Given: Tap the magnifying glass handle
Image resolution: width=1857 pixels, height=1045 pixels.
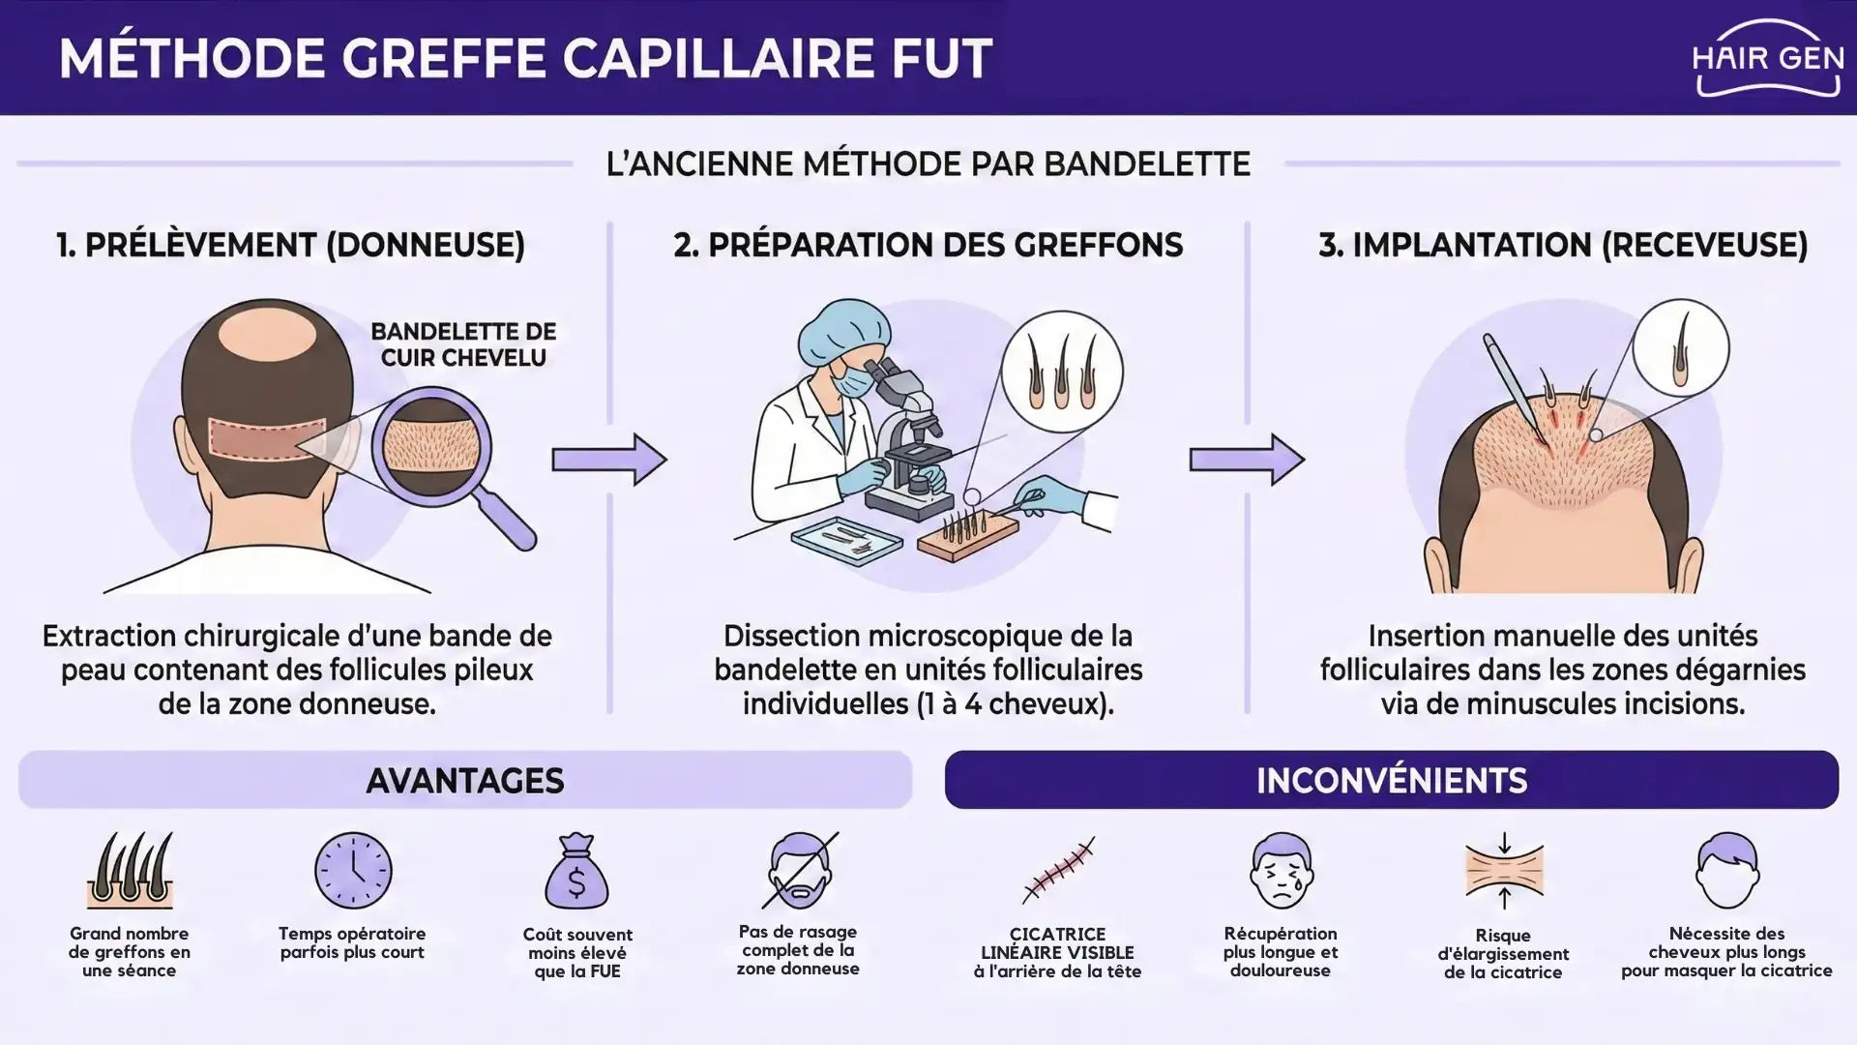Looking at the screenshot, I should coord(511,521).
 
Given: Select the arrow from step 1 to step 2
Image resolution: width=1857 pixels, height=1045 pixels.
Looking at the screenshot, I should coord(609,459).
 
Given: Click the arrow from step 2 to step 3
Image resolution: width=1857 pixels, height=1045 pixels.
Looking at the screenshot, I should coord(1247,459).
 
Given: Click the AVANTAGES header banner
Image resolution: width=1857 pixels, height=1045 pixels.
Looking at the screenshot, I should coord(465,780).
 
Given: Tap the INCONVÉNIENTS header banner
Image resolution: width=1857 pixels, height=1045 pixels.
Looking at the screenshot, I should coord(1391,780).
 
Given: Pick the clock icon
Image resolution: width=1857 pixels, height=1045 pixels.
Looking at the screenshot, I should coord(353,871).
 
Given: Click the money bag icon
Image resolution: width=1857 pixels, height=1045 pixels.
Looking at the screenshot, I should coord(576,872).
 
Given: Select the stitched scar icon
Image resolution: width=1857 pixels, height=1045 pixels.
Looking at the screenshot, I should coord(1058,870).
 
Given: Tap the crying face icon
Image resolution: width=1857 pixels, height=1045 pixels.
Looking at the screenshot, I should coord(1281,870).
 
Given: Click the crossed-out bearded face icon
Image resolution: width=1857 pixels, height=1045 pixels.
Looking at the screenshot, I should coord(799,870).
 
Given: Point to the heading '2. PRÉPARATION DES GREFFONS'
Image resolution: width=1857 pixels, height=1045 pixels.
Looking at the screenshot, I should coord(928,246).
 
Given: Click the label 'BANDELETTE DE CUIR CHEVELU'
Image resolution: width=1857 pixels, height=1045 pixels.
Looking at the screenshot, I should coord(463,344).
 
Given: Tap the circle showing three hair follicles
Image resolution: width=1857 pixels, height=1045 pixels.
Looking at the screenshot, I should coord(1061,372).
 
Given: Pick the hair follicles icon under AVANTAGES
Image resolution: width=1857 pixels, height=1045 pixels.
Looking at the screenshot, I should coord(130,870).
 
